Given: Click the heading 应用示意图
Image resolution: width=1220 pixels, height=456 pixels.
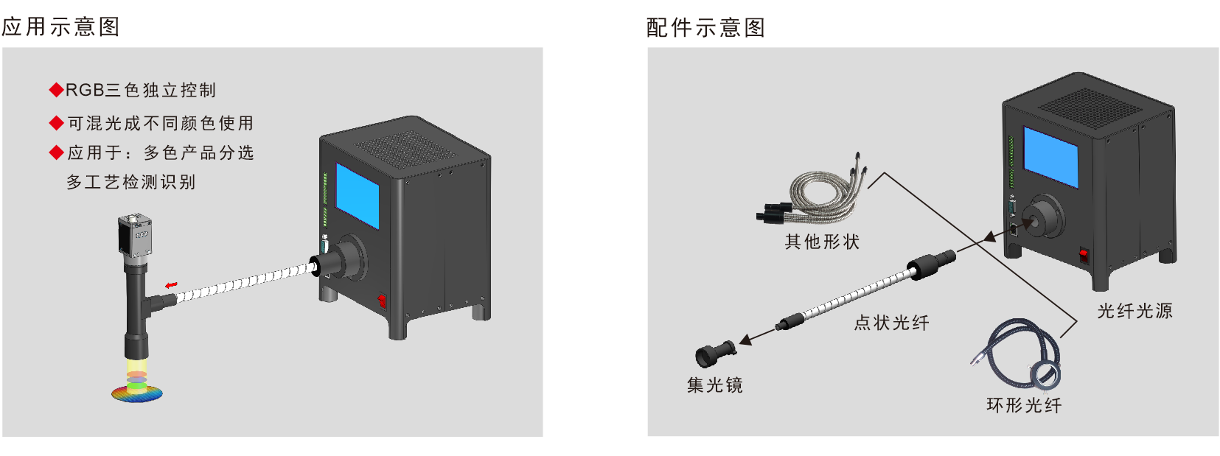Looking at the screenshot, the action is coord(60,27).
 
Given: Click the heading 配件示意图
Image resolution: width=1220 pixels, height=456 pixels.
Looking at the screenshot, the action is coord(706,28).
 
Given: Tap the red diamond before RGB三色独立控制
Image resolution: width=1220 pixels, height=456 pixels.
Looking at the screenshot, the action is coord(57,90).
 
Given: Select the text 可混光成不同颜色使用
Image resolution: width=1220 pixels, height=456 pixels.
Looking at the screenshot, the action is coord(161,123).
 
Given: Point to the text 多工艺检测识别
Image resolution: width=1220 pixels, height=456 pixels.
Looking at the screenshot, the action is coord(130,182).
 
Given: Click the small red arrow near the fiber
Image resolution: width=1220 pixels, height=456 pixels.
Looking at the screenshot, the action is coord(172,284).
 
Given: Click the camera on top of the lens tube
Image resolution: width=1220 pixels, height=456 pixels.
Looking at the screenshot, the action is coord(134,235).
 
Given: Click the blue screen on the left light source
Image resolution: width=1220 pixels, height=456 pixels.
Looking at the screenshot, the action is coord(358,195).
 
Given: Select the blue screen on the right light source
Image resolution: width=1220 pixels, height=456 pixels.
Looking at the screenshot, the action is coord(1050,157).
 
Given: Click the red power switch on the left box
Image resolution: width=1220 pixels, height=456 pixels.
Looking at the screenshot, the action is coord(382,301).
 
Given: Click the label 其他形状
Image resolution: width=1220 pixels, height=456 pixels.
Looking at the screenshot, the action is coord(822,242).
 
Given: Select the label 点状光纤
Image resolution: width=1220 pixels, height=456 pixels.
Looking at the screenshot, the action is coord(891,323).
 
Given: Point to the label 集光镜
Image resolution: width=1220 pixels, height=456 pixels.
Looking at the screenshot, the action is coord(714,385).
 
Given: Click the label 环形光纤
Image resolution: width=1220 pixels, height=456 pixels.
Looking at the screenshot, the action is coord(1024,405).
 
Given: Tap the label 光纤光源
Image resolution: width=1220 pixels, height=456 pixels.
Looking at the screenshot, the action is coord(1134,311).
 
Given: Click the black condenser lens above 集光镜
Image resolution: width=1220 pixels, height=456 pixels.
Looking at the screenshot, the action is coord(715,353).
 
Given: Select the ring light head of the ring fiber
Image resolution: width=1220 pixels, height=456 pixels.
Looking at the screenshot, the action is coord(1045,376).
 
